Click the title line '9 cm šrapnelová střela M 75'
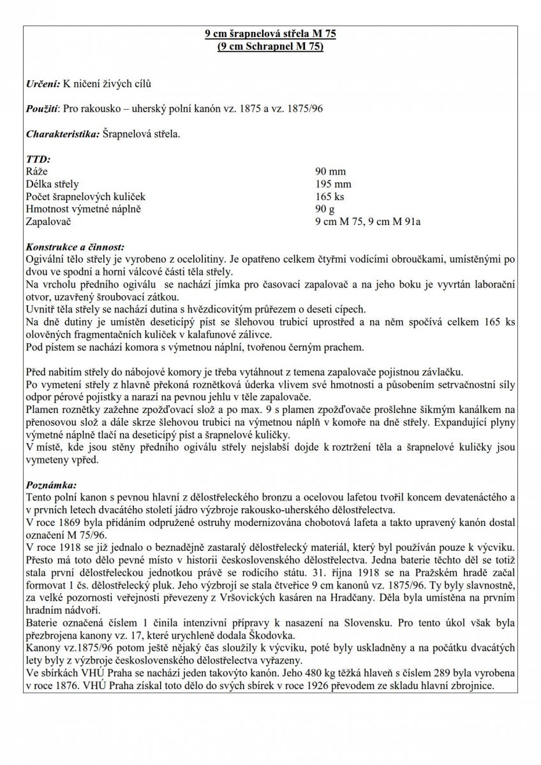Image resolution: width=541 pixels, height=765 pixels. coord(270,35)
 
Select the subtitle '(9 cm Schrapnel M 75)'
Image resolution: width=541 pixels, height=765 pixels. coord(270,47)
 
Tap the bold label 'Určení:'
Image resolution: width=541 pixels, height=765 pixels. coord(43,84)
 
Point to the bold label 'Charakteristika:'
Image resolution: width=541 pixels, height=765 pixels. coord(63,135)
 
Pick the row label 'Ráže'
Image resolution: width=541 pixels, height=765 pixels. coord(36,172)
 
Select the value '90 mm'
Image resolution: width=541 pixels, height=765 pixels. coord(329,172)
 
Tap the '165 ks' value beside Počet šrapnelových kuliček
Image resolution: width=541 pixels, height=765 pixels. coord(329,196)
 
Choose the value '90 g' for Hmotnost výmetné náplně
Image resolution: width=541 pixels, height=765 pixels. coord(325,208)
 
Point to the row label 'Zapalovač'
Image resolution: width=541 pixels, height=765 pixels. coord(48,221)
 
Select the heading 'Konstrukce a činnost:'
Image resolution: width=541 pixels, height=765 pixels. coord(75,246)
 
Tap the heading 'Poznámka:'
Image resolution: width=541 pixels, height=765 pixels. coord(50,484)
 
